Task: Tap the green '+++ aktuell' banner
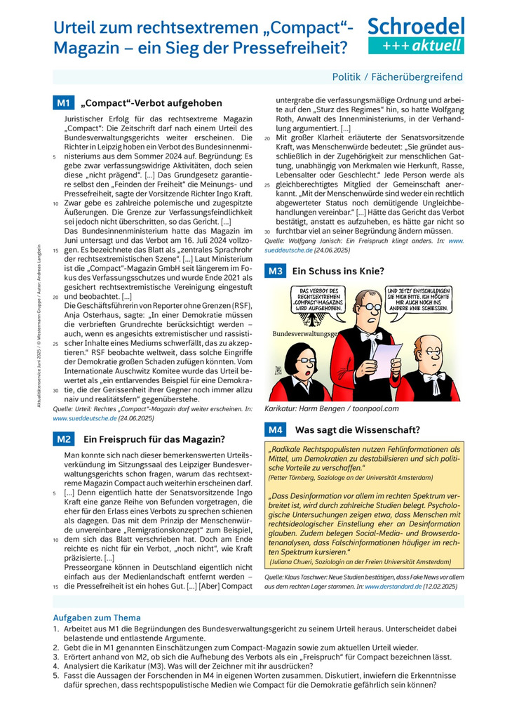point(416,46)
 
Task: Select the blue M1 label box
point(63,103)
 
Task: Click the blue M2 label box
point(63,439)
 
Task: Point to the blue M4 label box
point(275,429)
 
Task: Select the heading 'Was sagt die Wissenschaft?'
point(358,429)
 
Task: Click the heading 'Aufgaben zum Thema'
point(97,617)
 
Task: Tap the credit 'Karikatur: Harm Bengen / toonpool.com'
point(332,408)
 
